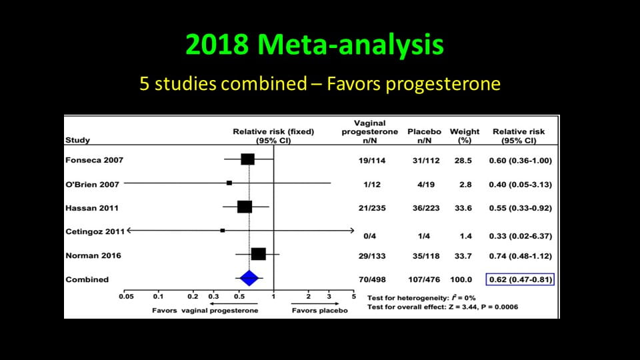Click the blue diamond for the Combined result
[249, 279]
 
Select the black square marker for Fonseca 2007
[248, 159]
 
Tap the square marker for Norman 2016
[258, 254]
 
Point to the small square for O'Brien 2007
[229, 183]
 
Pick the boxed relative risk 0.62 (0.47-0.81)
[521, 279]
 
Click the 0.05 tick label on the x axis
[125, 296]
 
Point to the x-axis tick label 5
[354, 296]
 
